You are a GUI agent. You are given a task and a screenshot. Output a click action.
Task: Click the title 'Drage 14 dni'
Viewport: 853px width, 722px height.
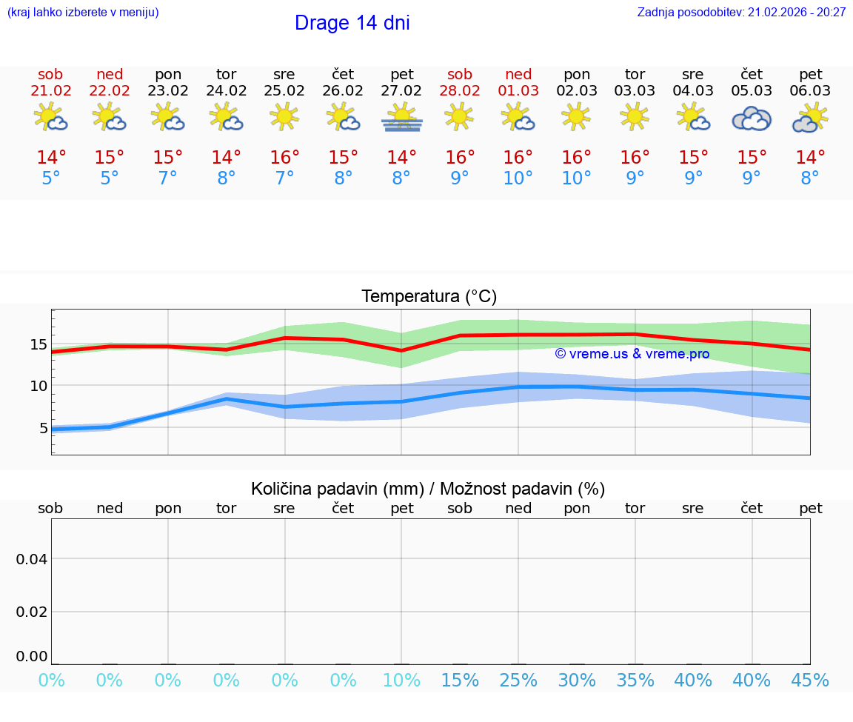pyautogui.click(x=352, y=23)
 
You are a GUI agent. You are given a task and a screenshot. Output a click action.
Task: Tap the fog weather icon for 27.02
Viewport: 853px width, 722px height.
pyautogui.click(x=401, y=118)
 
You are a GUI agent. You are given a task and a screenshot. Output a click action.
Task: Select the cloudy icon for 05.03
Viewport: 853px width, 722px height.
pyautogui.click(x=752, y=118)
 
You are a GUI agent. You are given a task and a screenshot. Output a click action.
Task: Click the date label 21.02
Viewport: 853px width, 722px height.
pyautogui.click(x=51, y=91)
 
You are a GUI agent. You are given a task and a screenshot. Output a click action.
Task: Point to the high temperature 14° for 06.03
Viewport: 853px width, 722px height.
pyautogui.click(x=810, y=158)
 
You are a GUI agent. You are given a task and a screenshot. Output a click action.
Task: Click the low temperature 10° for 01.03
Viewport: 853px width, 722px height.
pyautogui.click(x=518, y=178)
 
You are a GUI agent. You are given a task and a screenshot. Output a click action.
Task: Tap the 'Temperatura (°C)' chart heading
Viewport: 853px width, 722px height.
pyautogui.click(x=429, y=297)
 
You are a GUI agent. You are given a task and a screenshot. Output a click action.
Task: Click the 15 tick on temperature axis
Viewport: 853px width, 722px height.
pyautogui.click(x=38, y=344)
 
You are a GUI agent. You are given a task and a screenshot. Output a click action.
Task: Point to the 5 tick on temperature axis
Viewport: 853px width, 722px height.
pyautogui.click(x=42, y=428)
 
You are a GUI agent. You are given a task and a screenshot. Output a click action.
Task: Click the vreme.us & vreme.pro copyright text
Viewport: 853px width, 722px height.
pyautogui.click(x=632, y=354)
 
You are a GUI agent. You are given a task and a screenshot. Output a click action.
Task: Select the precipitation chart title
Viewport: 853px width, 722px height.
pyautogui.click(x=428, y=489)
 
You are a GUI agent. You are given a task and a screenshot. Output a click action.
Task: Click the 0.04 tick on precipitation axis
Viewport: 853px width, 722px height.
pyautogui.click(x=32, y=559)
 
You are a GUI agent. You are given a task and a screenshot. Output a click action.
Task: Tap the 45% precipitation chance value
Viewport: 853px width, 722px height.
pyautogui.click(x=810, y=680)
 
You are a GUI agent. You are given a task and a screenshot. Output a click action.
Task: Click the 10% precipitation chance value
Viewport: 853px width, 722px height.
pyautogui.click(x=401, y=680)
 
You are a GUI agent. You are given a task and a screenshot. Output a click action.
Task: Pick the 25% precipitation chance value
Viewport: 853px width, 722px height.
pyautogui.click(x=518, y=680)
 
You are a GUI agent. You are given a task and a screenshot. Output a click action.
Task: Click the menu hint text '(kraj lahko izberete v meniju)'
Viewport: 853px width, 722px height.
pyautogui.click(x=83, y=13)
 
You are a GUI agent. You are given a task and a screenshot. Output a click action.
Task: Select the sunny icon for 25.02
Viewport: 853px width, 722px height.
pyautogui.click(x=284, y=116)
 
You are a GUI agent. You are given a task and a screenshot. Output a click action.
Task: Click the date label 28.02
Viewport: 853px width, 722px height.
pyautogui.click(x=460, y=91)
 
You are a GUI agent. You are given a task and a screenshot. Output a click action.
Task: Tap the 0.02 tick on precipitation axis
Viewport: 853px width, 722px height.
pyautogui.click(x=32, y=612)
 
